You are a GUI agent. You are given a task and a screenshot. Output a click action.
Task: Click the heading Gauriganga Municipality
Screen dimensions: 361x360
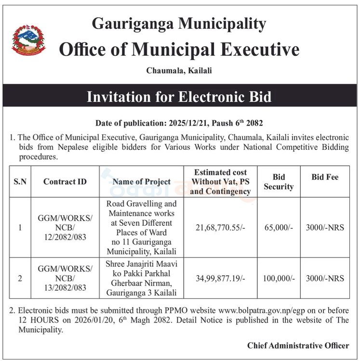(x=178, y=23)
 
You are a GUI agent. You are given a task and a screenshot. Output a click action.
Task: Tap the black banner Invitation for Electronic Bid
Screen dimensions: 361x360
(x=179, y=97)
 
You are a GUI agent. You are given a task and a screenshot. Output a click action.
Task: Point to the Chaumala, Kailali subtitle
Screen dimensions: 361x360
(x=179, y=71)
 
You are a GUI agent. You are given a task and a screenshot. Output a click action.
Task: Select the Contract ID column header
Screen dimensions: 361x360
(x=65, y=181)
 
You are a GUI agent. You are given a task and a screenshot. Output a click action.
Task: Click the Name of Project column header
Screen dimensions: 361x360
(x=141, y=181)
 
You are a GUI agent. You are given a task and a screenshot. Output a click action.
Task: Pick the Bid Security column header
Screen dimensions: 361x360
(x=279, y=181)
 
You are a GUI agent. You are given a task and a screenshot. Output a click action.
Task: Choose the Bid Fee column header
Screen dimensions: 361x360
(x=325, y=177)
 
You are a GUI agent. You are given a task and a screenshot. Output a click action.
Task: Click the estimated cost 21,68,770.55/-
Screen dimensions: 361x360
(x=220, y=227)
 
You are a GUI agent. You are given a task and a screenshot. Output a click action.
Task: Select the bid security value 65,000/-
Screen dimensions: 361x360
(x=279, y=227)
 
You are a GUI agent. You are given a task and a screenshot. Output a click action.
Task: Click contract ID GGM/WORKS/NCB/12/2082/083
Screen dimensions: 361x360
(x=65, y=227)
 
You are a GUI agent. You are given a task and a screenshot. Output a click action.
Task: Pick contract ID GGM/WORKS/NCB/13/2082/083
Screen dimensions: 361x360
(x=65, y=278)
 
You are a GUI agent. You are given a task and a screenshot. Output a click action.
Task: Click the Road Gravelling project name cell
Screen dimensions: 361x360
(x=141, y=227)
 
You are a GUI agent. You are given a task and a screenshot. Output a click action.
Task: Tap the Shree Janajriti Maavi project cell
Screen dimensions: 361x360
(x=141, y=278)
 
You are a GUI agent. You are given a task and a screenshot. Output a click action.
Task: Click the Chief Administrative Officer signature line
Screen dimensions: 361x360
(x=298, y=346)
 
